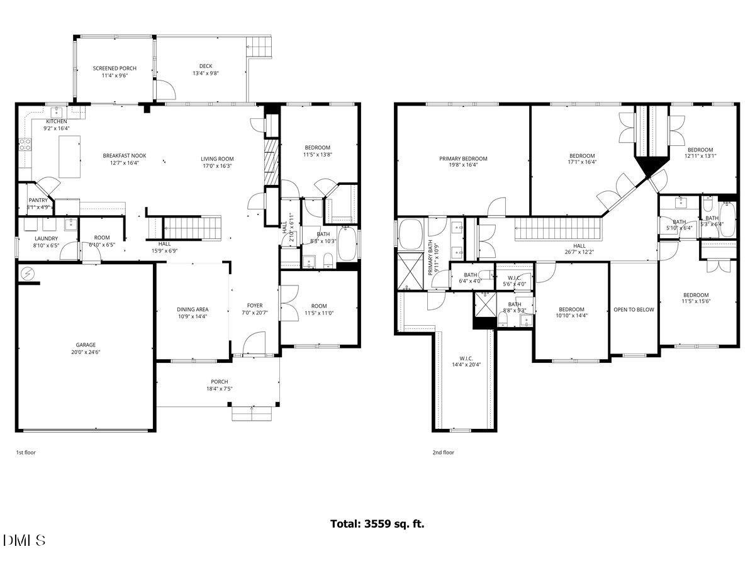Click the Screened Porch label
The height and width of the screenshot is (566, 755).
pyautogui.click(x=115, y=69)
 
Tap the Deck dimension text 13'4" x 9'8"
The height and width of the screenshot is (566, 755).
pyautogui.click(x=205, y=73)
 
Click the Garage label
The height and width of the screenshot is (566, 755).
pyautogui.click(x=86, y=345)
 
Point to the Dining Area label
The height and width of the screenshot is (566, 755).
pyautogui.click(x=192, y=309)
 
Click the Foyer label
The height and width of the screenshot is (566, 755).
pyautogui.click(x=254, y=305)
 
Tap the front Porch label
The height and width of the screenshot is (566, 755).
pyautogui.click(x=219, y=382)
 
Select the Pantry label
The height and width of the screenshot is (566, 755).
pyautogui.click(x=38, y=200)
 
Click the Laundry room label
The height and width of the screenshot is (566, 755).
pyautogui.click(x=46, y=238)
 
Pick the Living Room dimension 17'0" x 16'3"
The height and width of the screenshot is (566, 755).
pyautogui.click(x=217, y=166)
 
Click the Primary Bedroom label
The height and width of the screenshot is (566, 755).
pyautogui.click(x=463, y=159)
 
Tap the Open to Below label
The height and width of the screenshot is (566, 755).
pyautogui.click(x=634, y=309)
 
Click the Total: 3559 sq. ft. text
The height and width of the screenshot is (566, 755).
pyautogui.click(x=377, y=523)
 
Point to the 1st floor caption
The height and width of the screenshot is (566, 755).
pyautogui.click(x=26, y=452)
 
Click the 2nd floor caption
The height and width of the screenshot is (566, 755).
pyautogui.click(x=443, y=452)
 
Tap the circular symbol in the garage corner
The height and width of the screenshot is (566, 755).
pyautogui.click(x=28, y=274)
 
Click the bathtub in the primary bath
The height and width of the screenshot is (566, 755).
pyautogui.click(x=411, y=233)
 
